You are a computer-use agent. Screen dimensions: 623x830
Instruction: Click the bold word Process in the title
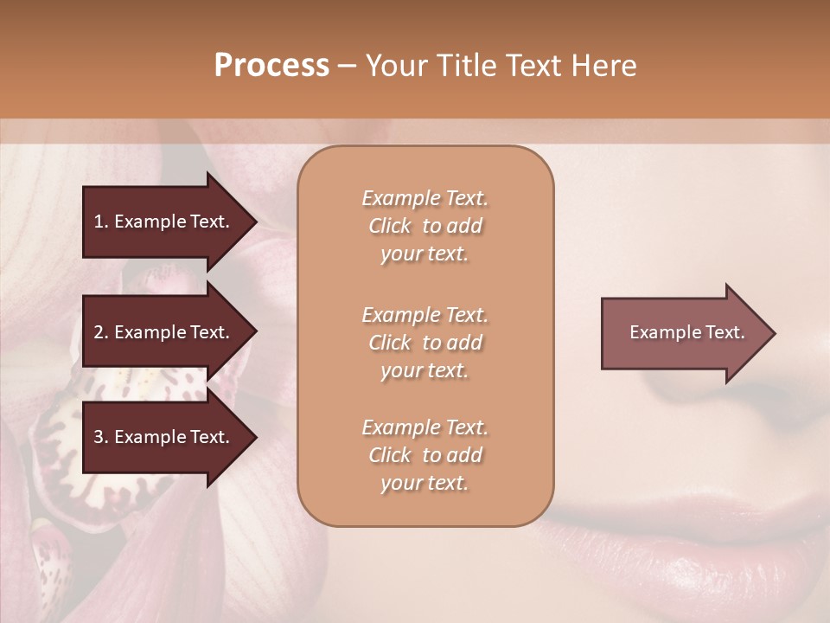(x=271, y=66)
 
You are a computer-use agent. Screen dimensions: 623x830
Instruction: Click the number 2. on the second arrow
(x=100, y=332)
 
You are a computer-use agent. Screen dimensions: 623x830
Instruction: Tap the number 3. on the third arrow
(x=100, y=437)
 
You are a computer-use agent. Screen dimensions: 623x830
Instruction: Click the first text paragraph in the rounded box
(x=425, y=226)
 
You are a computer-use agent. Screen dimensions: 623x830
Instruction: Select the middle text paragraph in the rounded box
(x=425, y=343)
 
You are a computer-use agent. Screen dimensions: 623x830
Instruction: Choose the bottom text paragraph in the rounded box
(x=425, y=455)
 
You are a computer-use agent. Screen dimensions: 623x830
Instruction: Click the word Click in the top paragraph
(x=390, y=226)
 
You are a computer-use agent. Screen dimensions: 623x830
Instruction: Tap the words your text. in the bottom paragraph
(x=425, y=483)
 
